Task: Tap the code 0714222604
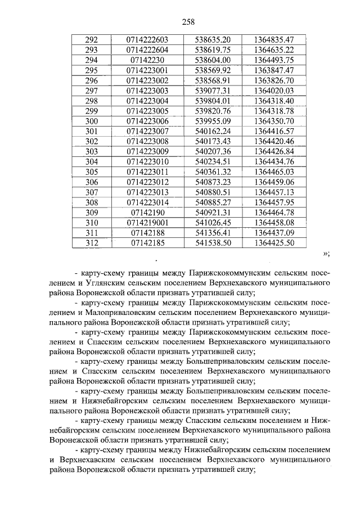[x=147, y=51]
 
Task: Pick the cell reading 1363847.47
[x=274, y=71]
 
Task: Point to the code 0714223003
[x=147, y=91]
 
